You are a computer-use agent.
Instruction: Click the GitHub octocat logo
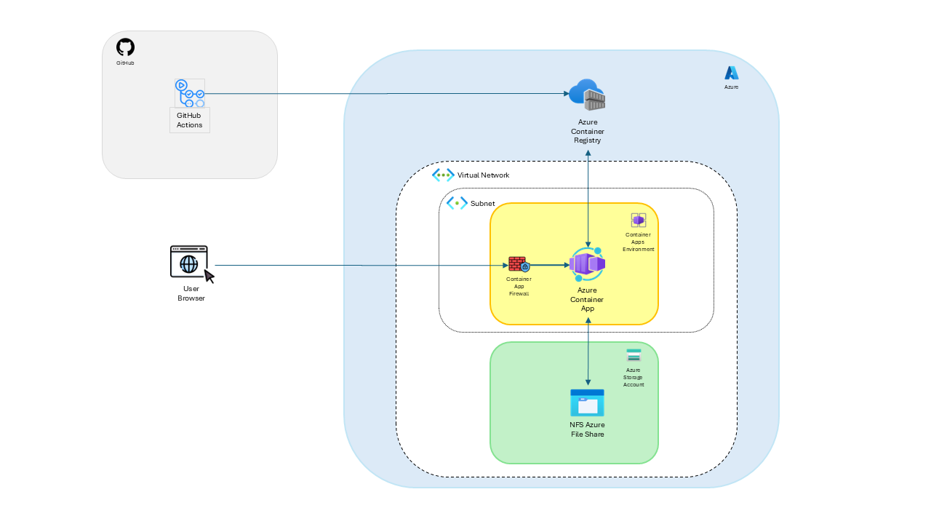point(125,47)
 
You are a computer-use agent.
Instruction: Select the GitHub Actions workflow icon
point(189,93)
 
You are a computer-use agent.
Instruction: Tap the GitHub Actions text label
point(190,120)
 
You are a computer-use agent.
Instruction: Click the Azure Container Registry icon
point(588,95)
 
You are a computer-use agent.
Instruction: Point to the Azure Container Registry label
point(587,131)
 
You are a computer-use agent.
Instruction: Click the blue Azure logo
point(731,73)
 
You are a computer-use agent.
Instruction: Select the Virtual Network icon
point(443,175)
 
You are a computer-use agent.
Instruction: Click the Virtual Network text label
point(483,175)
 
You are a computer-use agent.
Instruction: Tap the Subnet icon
point(457,203)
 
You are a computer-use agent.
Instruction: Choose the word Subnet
point(483,203)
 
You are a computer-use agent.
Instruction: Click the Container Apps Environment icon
point(638,220)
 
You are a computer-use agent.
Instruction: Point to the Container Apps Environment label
point(638,242)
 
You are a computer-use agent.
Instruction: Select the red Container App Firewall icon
point(519,265)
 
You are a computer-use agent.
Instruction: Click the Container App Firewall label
point(519,286)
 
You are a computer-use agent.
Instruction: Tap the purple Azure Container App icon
point(587,264)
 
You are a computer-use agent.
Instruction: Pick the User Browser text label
point(191,293)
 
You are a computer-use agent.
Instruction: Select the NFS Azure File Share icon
point(587,402)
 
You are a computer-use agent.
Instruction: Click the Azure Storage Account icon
point(634,355)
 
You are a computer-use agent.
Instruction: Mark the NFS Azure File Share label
point(587,429)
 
